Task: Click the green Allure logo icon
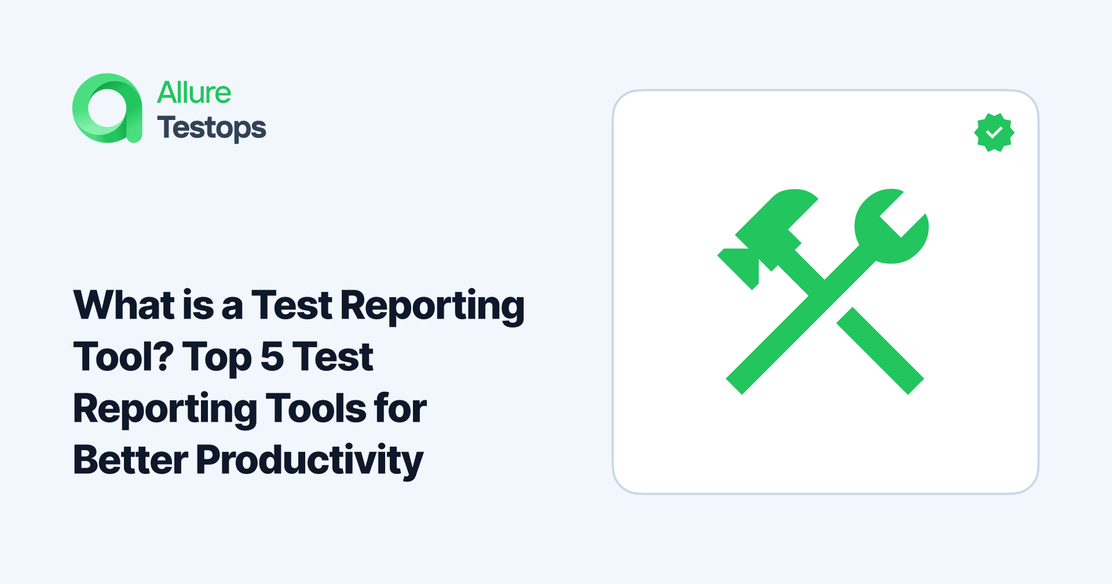click(x=107, y=108)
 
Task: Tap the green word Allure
click(x=194, y=93)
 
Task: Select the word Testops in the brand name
click(x=211, y=128)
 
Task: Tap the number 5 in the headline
click(x=272, y=357)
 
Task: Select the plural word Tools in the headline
click(x=316, y=408)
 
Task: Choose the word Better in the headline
click(x=131, y=460)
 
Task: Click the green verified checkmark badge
click(x=994, y=133)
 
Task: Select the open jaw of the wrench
click(x=895, y=217)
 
